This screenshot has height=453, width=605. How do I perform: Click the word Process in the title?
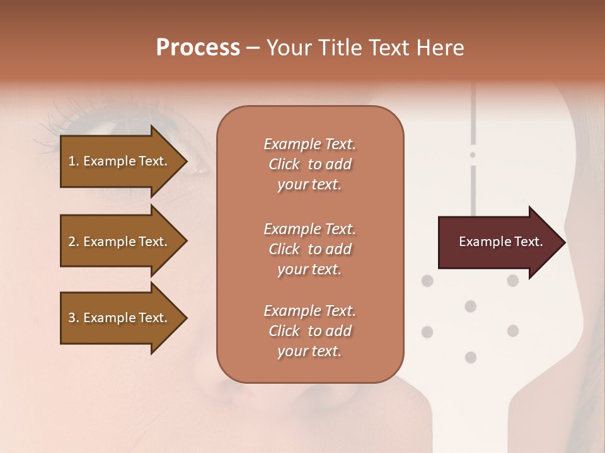(x=198, y=48)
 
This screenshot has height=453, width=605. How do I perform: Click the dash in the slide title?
(x=253, y=48)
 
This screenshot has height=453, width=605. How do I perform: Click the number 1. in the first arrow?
(x=74, y=161)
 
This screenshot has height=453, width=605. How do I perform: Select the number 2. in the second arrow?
(x=74, y=242)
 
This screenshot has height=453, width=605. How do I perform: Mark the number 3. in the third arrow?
(x=74, y=318)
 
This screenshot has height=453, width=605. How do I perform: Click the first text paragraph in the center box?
(x=309, y=164)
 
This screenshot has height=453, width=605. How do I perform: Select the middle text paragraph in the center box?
(x=309, y=249)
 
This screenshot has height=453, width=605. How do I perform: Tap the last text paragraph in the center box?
(x=309, y=331)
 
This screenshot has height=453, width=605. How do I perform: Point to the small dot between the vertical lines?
(x=473, y=155)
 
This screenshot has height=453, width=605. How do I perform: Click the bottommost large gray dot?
(x=470, y=357)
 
